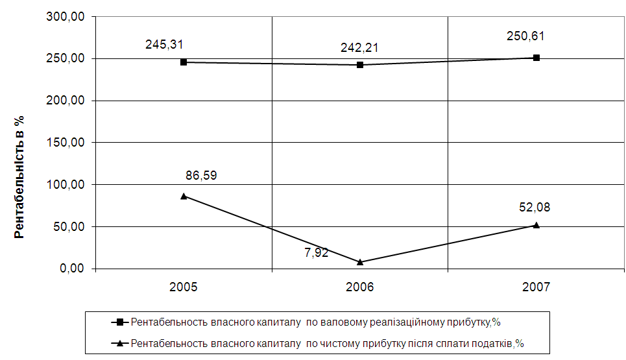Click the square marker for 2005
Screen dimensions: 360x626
pyautogui.click(x=184, y=62)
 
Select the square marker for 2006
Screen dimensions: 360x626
pyautogui.click(x=360, y=65)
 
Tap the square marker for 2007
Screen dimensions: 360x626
pyautogui.click(x=536, y=58)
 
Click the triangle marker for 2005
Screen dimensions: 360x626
pyautogui.click(x=184, y=196)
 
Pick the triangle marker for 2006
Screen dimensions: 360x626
pyautogui.click(x=360, y=262)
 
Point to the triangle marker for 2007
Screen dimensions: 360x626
pyautogui.click(x=536, y=225)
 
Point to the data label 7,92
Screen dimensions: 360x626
pyautogui.click(x=317, y=252)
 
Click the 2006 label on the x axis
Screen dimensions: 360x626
pyautogui.click(x=360, y=287)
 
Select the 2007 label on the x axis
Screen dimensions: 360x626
pyautogui.click(x=536, y=287)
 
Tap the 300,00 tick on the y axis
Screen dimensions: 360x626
pyautogui.click(x=67, y=18)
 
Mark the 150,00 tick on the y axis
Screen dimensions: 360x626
pyautogui.click(x=67, y=143)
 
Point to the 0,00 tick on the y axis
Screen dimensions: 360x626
pyautogui.click(x=73, y=269)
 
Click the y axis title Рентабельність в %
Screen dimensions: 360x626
pyautogui.click(x=19, y=176)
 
